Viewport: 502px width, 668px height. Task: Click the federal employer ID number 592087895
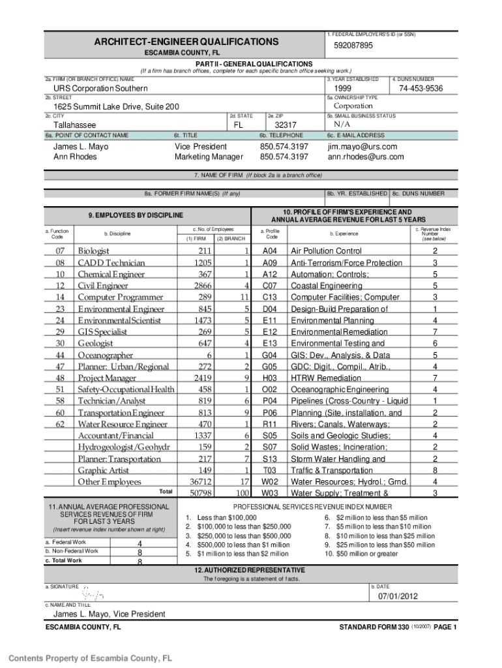(x=353, y=46)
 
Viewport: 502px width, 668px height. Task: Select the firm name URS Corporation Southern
(x=100, y=89)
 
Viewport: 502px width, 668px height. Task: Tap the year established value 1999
(x=344, y=89)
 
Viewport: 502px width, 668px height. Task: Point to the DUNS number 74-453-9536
(x=421, y=89)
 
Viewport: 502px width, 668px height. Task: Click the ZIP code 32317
(x=286, y=125)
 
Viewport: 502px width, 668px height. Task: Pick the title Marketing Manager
(x=209, y=157)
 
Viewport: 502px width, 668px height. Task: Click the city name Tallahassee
(x=74, y=125)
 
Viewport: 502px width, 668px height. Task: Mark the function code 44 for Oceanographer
(x=60, y=356)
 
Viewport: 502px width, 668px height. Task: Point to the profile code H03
(x=270, y=378)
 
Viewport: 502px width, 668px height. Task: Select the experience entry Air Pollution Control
(x=326, y=251)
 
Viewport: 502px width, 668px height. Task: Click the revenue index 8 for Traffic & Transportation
(x=435, y=471)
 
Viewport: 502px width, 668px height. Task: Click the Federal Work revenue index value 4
(x=140, y=543)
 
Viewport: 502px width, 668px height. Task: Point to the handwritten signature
(x=92, y=595)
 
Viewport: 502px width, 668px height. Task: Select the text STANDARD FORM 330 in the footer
(x=374, y=628)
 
